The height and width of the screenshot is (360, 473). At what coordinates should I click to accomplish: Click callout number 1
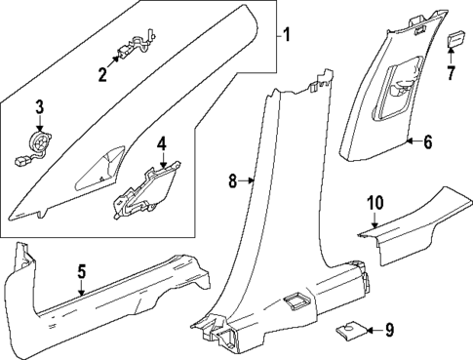[x=286, y=36]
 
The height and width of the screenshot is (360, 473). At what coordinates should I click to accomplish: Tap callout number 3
[x=40, y=107]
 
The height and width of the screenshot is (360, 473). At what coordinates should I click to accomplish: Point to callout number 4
[x=163, y=143]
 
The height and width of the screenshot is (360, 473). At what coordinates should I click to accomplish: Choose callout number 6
[x=426, y=141]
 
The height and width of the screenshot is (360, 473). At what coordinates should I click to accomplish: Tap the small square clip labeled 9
[x=347, y=330]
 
